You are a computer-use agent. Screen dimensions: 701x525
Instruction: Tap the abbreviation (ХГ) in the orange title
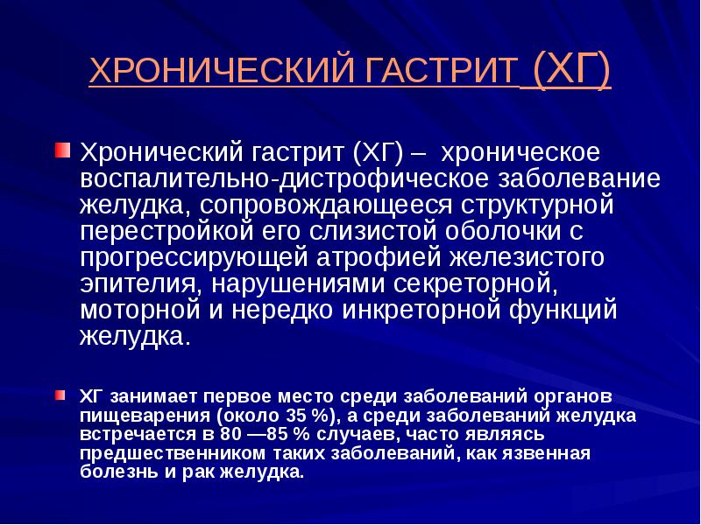click(572, 70)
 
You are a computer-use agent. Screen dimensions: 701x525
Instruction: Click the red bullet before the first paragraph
click(62, 150)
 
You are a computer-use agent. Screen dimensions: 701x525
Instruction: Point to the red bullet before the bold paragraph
click(60, 395)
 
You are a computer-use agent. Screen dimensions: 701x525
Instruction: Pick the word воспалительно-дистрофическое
click(284, 179)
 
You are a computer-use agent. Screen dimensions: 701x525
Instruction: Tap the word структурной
click(538, 206)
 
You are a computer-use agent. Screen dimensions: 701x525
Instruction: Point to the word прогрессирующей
click(194, 258)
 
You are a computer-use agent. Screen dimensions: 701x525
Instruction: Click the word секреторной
click(476, 285)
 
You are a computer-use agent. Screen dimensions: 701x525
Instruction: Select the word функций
click(563, 311)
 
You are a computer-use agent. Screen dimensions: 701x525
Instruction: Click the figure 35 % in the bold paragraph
click(307, 416)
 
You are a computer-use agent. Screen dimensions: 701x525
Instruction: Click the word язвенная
click(545, 453)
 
